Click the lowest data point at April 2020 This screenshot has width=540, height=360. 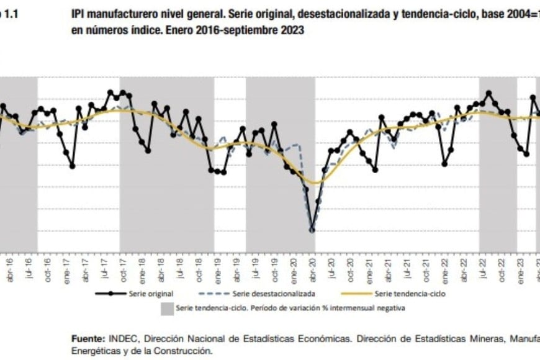tap(312, 230)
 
